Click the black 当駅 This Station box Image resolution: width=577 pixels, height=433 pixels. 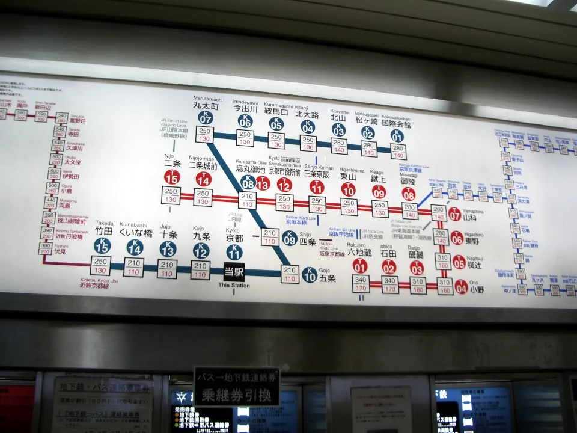(234, 271)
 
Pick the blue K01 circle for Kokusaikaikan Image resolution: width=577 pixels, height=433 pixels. (397, 135)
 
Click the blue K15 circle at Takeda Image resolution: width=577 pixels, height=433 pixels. (102, 245)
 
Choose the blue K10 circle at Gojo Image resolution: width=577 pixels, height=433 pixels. (310, 275)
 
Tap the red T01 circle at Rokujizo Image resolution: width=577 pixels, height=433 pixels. (361, 266)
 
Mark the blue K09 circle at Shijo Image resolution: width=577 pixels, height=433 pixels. (290, 238)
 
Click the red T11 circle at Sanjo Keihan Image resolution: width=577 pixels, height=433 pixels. (317, 187)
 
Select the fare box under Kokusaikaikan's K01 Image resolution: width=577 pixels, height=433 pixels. (398, 151)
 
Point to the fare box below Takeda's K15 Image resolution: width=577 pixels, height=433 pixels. (101, 265)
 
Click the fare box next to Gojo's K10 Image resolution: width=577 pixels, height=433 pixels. (290, 274)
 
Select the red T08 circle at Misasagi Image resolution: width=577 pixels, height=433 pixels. (409, 194)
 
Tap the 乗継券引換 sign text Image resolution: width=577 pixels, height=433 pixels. (236, 395)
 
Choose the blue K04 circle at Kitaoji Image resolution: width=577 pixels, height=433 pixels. (308, 127)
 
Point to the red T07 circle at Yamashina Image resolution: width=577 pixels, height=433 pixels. (455, 214)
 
